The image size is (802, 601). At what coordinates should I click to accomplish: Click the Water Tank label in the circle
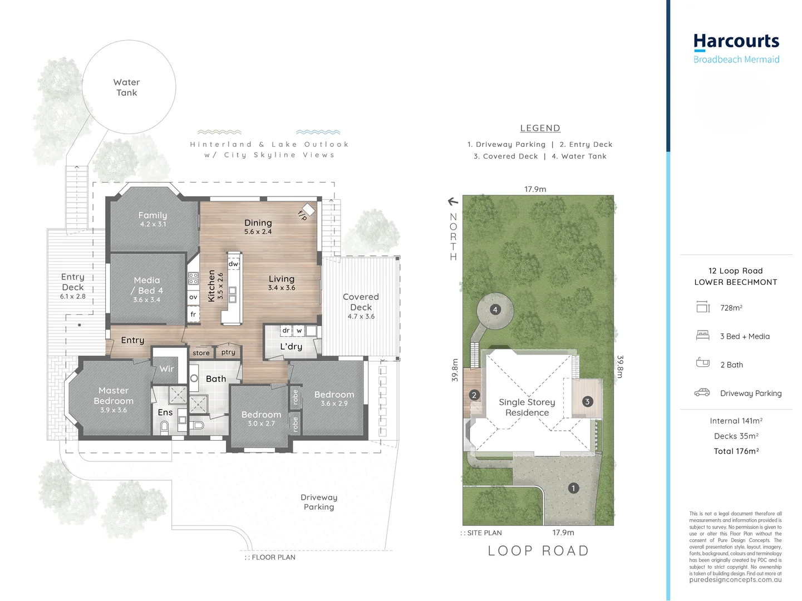[x=126, y=87]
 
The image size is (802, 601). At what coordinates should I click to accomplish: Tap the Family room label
[x=152, y=215]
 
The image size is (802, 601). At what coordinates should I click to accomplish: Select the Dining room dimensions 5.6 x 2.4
[x=258, y=231]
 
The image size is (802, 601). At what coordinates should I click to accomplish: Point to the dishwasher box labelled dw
[x=233, y=264]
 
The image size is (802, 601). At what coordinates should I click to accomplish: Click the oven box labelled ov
[x=193, y=297]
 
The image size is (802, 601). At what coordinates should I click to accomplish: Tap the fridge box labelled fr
[x=193, y=314]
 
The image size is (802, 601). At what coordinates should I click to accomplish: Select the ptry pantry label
[x=228, y=352]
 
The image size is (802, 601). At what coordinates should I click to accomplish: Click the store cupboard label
[x=201, y=353]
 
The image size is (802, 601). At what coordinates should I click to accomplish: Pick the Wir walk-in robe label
[x=166, y=368]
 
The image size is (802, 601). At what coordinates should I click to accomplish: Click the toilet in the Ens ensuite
[x=164, y=426]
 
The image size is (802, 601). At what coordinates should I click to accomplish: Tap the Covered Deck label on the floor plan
[x=361, y=302]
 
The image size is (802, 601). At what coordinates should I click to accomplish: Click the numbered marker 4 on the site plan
[x=495, y=310]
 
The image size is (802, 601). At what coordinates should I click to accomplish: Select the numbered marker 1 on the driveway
[x=573, y=488]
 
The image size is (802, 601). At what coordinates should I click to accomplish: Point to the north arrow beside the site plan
[x=453, y=201]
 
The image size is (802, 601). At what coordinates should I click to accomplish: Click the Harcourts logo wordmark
[x=736, y=42]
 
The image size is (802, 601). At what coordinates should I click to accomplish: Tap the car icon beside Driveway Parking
[x=702, y=393]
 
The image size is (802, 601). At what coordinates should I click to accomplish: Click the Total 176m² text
[x=736, y=451]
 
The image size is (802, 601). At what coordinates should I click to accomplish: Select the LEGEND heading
[x=540, y=128]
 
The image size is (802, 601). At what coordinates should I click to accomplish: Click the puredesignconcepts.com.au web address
[x=736, y=580]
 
